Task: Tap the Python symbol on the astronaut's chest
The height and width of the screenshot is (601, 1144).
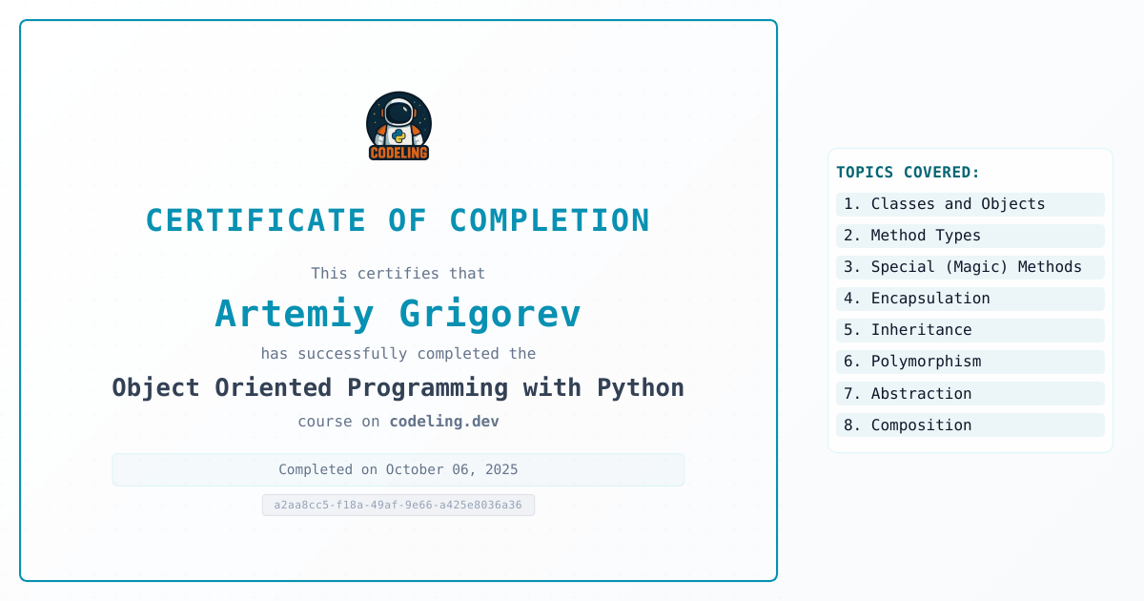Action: coord(398,135)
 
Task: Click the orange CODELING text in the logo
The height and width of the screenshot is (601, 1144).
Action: coord(398,153)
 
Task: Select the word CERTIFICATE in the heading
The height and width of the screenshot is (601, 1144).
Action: coord(255,220)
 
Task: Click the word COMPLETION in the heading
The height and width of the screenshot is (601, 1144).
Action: coord(549,220)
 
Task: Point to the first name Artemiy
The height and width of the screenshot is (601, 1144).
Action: coord(295,314)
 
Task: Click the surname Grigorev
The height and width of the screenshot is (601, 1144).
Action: coord(490,314)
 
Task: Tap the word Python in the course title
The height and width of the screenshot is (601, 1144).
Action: coord(641,388)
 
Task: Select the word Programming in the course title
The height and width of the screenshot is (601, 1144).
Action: coord(427,388)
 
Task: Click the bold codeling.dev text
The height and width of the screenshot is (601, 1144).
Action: coord(444,421)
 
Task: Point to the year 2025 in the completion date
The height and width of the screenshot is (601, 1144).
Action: coord(501,469)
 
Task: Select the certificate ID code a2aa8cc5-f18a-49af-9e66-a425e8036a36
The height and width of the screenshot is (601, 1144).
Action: coord(398,505)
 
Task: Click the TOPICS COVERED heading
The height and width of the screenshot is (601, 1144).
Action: coord(908,173)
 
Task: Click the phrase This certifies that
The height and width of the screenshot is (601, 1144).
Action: coord(398,274)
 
